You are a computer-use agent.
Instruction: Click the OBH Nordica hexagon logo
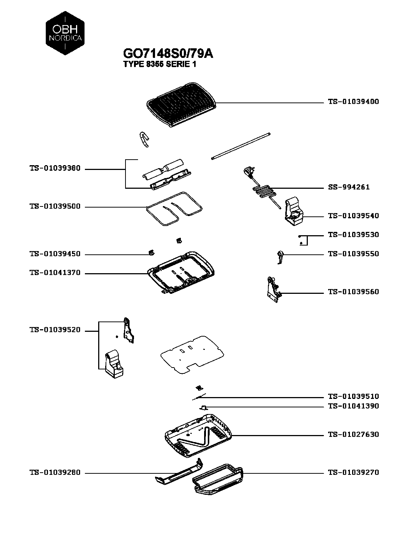pyautogui.click(x=65, y=33)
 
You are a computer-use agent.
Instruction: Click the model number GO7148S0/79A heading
pyautogui.click(x=168, y=53)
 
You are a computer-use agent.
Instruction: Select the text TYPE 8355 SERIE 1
pyautogui.click(x=159, y=65)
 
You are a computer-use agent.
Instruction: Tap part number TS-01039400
pyautogui.click(x=353, y=102)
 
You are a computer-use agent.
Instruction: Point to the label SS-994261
pyautogui.click(x=349, y=187)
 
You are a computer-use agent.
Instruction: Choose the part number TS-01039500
pyautogui.click(x=55, y=207)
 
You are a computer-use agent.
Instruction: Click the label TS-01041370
pyautogui.click(x=55, y=273)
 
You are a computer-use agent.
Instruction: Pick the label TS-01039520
pyautogui.click(x=55, y=330)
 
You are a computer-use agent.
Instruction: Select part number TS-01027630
pyautogui.click(x=353, y=435)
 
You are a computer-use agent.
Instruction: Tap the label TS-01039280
pyautogui.click(x=55, y=473)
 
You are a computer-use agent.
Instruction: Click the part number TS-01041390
pyautogui.click(x=353, y=406)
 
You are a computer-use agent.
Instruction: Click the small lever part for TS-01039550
pyautogui.click(x=280, y=257)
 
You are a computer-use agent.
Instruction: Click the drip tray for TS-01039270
pyautogui.click(x=218, y=479)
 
